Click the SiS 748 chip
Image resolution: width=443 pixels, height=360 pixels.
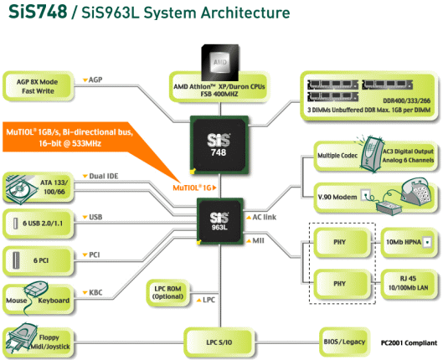pos(219,145)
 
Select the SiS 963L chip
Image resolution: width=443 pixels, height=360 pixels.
pos(219,221)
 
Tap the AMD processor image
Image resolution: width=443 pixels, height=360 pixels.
pos(219,62)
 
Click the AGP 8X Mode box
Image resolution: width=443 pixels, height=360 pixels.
pos(38,86)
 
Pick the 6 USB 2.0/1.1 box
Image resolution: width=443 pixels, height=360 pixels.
pos(39,224)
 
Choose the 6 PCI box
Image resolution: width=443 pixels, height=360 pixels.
pos(38,260)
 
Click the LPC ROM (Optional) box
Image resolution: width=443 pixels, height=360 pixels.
pos(167,293)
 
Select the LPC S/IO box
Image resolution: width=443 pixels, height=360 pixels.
pos(219,342)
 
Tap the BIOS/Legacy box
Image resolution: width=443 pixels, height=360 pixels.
pos(345,342)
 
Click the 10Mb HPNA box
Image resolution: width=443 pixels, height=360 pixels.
pos(409,242)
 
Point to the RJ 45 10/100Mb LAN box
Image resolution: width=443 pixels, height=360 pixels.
pos(409,283)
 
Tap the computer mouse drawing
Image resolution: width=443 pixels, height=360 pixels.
pos(37,289)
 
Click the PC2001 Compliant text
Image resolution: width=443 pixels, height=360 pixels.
pos(409,342)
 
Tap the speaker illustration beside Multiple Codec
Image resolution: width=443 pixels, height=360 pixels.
pos(371,154)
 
